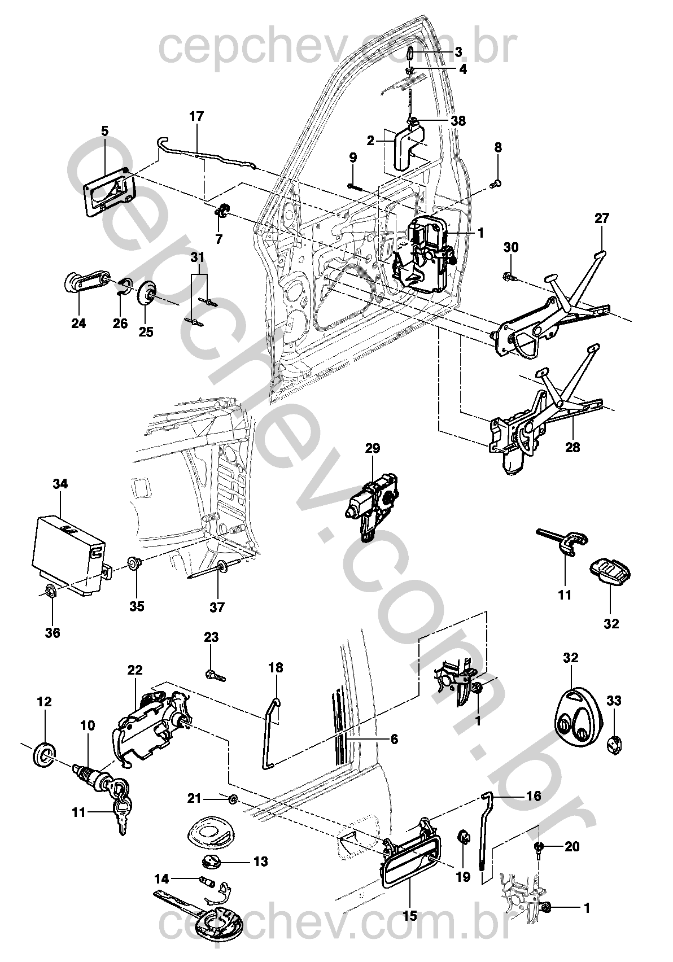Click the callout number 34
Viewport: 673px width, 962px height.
[x=60, y=484]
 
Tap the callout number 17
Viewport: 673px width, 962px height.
[x=196, y=116]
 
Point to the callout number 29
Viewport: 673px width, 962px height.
[x=373, y=448]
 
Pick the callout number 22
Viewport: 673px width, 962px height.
[x=135, y=670]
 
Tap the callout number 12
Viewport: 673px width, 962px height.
[x=44, y=702]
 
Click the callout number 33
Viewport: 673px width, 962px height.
[x=614, y=701]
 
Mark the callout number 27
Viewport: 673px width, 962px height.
[x=602, y=218]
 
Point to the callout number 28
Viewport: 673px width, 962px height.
[x=573, y=448]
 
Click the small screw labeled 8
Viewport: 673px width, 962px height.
[x=496, y=184]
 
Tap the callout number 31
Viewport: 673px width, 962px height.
[x=197, y=257]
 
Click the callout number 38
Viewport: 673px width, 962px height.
[x=458, y=121]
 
